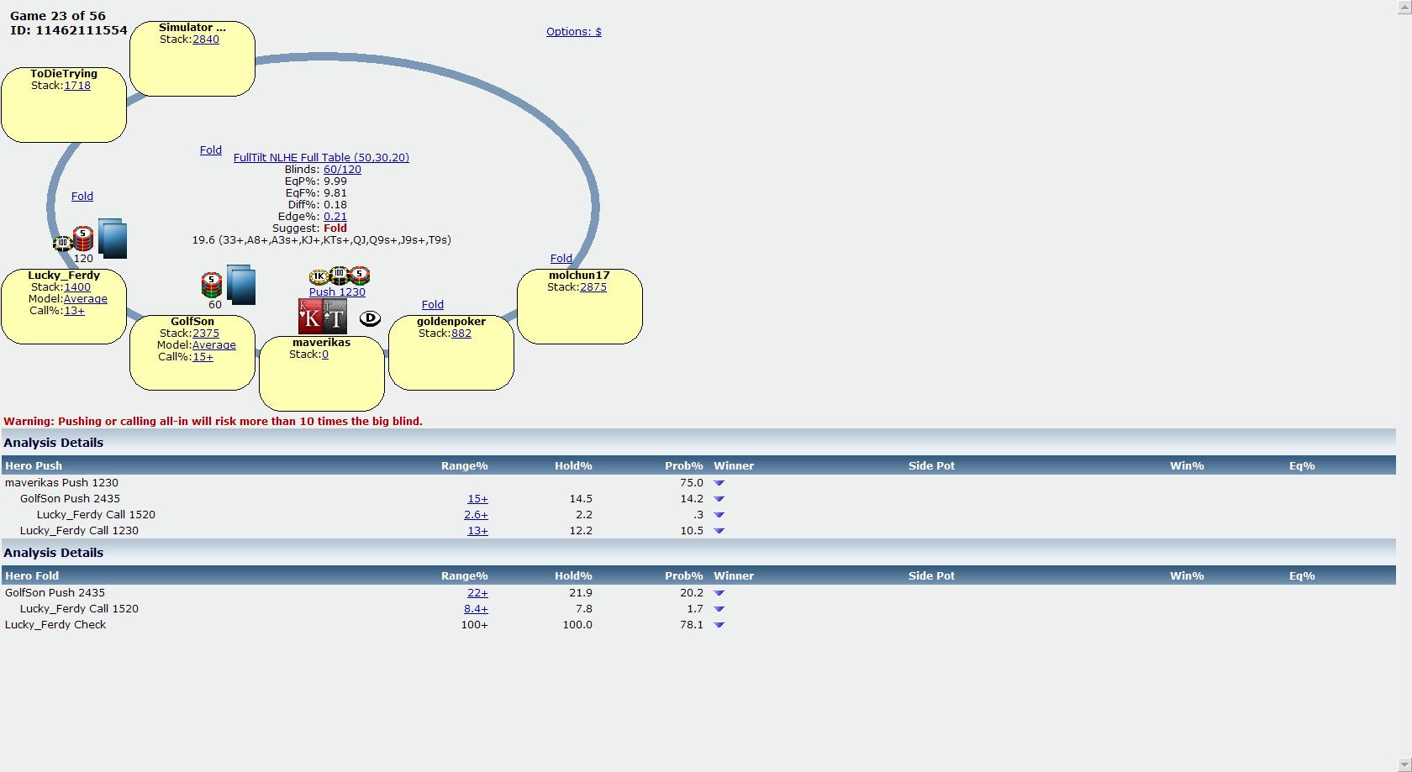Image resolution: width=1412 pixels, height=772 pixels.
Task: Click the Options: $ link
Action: [x=573, y=32]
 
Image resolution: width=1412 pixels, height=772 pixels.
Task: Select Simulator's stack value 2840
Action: [x=205, y=39]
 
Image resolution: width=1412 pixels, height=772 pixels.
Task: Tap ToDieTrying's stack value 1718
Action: [x=77, y=85]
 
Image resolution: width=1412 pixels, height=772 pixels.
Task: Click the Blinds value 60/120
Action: [x=342, y=169]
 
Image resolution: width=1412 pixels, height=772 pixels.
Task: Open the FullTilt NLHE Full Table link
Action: [x=321, y=158]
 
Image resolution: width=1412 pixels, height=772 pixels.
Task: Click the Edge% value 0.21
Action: [x=335, y=216]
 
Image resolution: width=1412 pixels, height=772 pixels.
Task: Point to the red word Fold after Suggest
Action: [x=335, y=228]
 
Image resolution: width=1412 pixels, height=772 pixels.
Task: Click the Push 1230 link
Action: [x=337, y=291]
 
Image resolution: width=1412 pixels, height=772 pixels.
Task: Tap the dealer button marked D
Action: [x=370, y=318]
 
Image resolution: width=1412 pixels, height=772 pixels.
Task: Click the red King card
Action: [x=309, y=317]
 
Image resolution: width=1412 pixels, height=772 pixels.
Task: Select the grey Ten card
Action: [x=335, y=317]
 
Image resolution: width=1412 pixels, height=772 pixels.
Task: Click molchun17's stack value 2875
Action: [x=593, y=286]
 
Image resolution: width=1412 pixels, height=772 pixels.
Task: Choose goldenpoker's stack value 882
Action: [x=461, y=333]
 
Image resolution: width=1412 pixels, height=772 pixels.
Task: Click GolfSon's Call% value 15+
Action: [x=203, y=357]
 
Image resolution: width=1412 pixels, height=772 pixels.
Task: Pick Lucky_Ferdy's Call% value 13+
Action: [x=74, y=310]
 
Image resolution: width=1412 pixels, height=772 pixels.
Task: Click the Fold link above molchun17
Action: [x=561, y=259]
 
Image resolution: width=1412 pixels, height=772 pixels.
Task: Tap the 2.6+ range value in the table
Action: [x=476, y=514]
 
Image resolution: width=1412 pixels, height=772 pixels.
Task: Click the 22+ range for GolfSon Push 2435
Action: [x=477, y=592]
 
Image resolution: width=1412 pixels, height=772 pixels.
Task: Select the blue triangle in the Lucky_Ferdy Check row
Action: [x=719, y=625]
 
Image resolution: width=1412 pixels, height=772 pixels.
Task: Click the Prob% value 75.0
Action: [x=692, y=482]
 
